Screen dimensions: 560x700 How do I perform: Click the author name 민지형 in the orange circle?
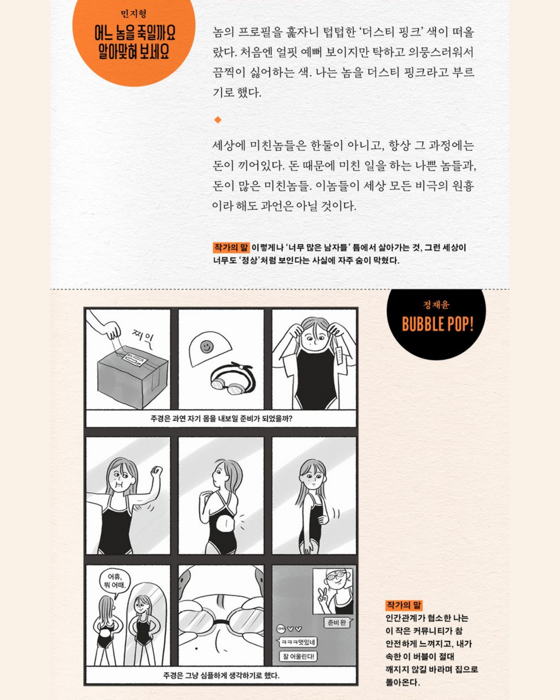(133, 14)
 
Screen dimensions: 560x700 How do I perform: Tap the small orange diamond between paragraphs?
(218, 120)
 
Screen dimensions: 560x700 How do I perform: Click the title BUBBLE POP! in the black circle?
(438, 324)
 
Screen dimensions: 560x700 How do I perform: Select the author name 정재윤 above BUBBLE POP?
(436, 305)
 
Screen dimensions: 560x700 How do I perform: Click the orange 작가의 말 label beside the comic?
(403, 605)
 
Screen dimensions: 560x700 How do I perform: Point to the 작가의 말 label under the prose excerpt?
(231, 247)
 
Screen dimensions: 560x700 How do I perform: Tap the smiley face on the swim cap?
(207, 346)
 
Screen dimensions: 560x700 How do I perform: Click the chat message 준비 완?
(337, 622)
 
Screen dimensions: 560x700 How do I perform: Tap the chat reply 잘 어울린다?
(298, 656)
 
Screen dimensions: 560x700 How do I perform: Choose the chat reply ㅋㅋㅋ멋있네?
(297, 642)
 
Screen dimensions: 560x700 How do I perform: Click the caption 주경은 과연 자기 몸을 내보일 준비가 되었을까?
(221, 419)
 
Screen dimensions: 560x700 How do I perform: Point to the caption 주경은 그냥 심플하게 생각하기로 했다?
(221, 675)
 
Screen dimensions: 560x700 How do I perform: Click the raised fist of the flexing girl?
(157, 471)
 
